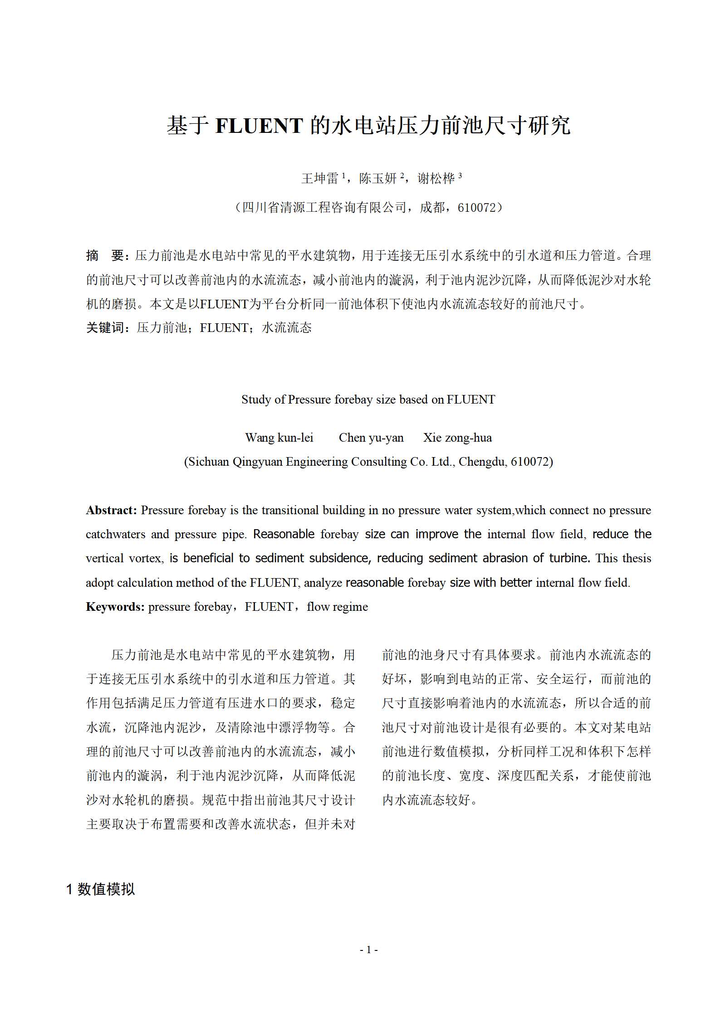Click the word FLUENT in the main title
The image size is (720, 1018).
(x=259, y=126)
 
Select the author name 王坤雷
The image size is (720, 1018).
(x=320, y=178)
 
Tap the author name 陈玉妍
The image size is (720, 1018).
(x=377, y=178)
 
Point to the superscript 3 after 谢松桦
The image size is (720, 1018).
(x=460, y=175)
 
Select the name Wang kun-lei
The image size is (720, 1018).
(x=279, y=438)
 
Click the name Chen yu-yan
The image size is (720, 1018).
(x=371, y=438)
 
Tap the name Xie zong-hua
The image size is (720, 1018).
(x=457, y=438)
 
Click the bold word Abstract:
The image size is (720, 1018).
(x=111, y=510)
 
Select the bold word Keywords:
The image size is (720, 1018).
(x=115, y=607)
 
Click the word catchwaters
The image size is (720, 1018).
(x=116, y=534)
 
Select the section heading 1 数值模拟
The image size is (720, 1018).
(x=101, y=889)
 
